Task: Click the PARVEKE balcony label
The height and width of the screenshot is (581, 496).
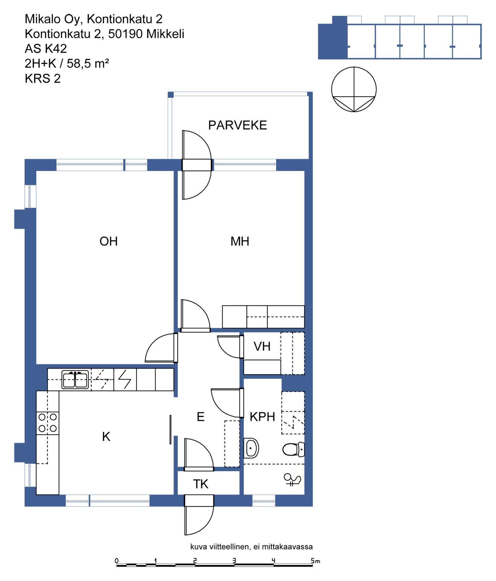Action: point(237,125)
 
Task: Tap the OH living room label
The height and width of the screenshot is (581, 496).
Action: point(109,241)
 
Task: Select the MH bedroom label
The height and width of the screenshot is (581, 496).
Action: point(240,241)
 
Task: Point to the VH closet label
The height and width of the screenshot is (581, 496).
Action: point(262,346)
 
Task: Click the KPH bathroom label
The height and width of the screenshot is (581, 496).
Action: point(262,417)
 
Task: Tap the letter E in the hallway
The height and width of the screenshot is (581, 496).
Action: point(201,417)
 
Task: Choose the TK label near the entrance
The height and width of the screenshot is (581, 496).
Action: point(201,484)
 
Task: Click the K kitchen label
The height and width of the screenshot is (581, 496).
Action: point(106,437)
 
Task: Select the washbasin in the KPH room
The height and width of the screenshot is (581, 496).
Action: point(251,448)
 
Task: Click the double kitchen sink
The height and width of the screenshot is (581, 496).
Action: point(75,379)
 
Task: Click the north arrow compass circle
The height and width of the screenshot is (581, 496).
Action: point(354,90)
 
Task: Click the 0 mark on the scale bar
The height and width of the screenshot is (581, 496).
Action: point(117,561)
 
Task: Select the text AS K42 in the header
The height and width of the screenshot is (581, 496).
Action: point(46,49)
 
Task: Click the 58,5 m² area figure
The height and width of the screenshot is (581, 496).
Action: point(88,64)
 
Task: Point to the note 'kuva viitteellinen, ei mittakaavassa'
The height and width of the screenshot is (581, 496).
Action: point(251,547)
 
